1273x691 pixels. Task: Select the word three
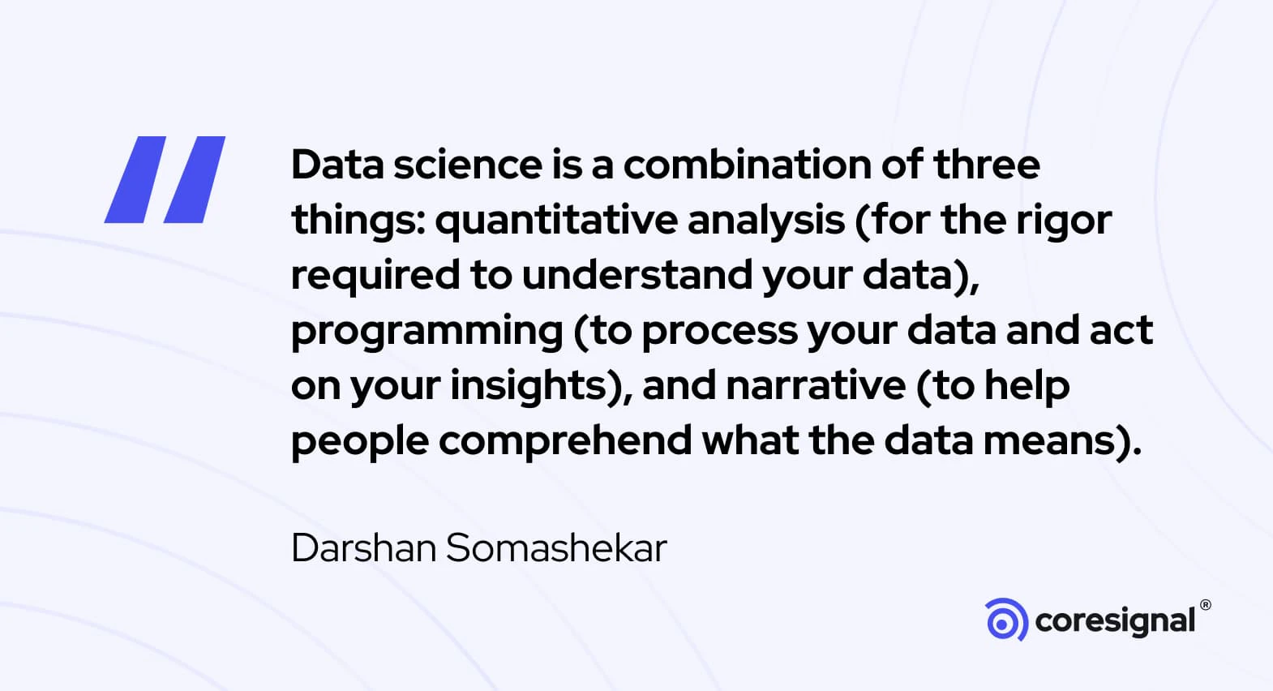[987, 165]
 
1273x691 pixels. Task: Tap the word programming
[426, 331]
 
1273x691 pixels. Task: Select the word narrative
[816, 386]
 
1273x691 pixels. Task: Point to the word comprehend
[564, 442]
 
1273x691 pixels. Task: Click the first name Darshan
[364, 548]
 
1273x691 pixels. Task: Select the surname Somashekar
[556, 548]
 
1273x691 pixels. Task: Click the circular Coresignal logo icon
[1006, 620]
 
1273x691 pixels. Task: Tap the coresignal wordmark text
[1116, 622]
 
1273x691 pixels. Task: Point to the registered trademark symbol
[1206, 605]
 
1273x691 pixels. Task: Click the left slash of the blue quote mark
[135, 179]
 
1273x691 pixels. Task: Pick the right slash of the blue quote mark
[195, 179]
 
